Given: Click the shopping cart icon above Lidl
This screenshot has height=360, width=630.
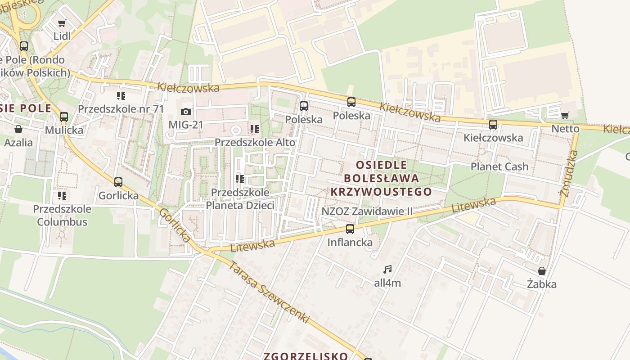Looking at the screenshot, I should (62, 23).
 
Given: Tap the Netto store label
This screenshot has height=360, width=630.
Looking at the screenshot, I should (565, 129).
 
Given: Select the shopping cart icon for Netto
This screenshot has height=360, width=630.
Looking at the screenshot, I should (565, 116).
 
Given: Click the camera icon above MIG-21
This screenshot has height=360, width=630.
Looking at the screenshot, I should (185, 112).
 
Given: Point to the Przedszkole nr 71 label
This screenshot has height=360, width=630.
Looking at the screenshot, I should (121, 109).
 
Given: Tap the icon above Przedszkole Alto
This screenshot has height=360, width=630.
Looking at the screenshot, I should (255, 130).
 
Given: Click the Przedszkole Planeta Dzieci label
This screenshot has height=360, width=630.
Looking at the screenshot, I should (240, 199).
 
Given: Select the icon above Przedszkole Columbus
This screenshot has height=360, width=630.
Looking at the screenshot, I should (62, 196).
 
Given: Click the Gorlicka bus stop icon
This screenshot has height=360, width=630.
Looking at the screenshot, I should (118, 182).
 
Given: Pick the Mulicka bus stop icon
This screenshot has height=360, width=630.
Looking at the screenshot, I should (64, 117).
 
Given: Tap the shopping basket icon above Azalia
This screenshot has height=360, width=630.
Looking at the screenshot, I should (18, 130).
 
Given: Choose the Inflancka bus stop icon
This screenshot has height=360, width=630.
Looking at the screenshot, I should (350, 229).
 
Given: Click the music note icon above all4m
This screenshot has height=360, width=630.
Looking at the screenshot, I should (387, 270).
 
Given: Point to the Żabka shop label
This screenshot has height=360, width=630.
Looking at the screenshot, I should (542, 284).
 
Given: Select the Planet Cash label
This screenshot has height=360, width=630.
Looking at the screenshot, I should (499, 166).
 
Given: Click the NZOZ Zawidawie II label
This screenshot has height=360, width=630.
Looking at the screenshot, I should (367, 211).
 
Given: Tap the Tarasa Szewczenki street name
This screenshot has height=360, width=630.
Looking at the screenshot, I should (270, 292).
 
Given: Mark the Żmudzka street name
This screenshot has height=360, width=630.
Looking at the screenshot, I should (568, 173).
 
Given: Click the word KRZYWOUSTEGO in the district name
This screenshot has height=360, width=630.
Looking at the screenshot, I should (381, 192).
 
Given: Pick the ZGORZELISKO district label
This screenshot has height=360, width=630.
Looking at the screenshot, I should (306, 356).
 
